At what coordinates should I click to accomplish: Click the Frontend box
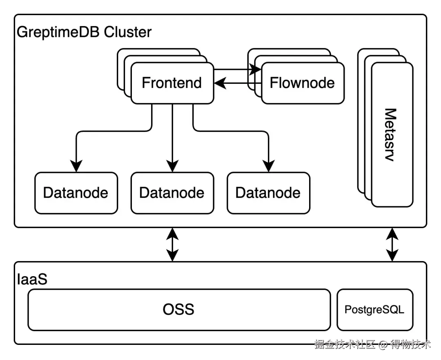(x=172, y=83)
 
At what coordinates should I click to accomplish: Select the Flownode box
(x=303, y=83)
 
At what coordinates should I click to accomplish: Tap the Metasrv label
(x=391, y=135)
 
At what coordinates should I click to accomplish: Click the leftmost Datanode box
(x=76, y=193)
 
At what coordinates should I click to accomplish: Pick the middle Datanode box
(x=172, y=193)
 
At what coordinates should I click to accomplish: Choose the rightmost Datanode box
(x=268, y=193)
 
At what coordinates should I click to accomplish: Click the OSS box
(x=179, y=309)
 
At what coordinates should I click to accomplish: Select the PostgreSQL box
(x=374, y=309)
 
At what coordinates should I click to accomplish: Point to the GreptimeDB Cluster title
(x=84, y=32)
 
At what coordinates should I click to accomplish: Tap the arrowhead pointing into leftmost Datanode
(x=76, y=166)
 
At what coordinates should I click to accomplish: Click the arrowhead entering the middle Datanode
(x=172, y=166)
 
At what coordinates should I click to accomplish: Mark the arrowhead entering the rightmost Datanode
(x=268, y=166)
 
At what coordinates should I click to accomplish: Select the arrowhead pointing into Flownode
(x=256, y=70)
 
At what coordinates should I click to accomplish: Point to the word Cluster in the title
(x=128, y=32)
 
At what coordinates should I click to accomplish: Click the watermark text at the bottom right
(x=372, y=344)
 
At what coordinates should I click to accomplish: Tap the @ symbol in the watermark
(x=382, y=344)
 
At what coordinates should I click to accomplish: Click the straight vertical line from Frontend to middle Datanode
(x=172, y=131)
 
